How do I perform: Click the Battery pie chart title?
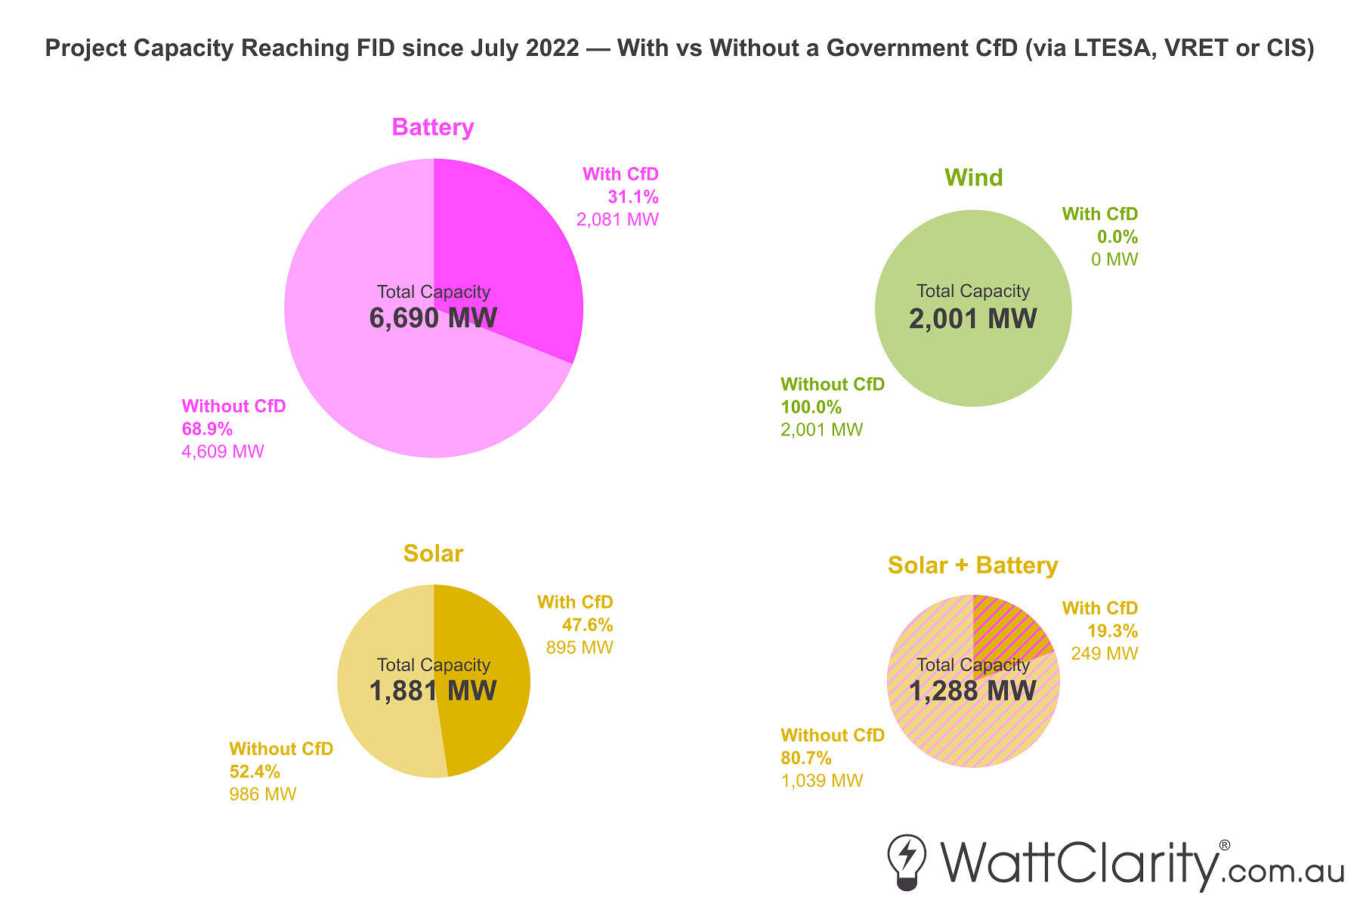(x=432, y=127)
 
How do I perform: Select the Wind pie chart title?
(x=973, y=178)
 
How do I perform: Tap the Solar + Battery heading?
(x=972, y=565)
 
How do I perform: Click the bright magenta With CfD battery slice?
(x=514, y=242)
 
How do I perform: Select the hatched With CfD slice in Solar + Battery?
(x=1005, y=631)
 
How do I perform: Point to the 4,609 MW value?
(x=223, y=452)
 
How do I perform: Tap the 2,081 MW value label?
(x=617, y=220)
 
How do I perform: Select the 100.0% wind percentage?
(x=811, y=407)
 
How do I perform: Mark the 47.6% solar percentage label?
(x=587, y=625)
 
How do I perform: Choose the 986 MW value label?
(x=262, y=794)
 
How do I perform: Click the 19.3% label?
(x=1112, y=631)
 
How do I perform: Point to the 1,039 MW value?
(x=821, y=781)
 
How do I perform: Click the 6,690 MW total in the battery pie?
(x=433, y=318)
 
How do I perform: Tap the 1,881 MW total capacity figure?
(x=433, y=691)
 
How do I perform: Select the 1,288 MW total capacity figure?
(x=972, y=691)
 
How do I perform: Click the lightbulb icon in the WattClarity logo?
(x=907, y=862)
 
